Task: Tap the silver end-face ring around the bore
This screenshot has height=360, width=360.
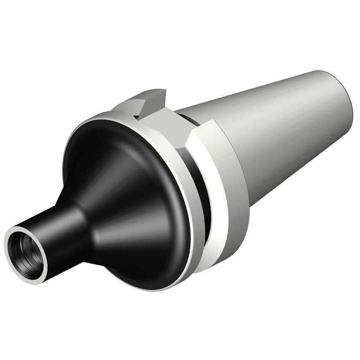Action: (13, 262)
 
